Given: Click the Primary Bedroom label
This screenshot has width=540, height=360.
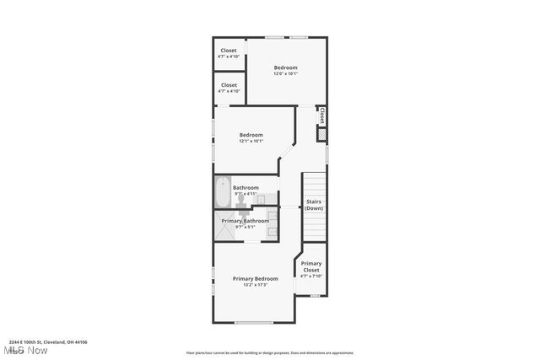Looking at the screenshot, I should tap(255, 279).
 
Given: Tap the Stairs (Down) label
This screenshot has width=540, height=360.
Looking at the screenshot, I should tap(314, 205).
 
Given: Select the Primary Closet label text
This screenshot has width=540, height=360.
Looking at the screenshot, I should tap(310, 266).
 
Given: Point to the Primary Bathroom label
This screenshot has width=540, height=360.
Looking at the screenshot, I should tap(245, 221).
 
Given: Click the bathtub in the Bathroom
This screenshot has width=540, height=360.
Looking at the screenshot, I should tap(223, 192).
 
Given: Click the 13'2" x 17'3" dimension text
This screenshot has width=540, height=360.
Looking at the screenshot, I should tap(255, 286).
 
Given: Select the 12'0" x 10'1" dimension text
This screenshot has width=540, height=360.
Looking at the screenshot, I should tap(285, 74).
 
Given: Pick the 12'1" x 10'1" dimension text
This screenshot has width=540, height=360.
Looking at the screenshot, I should tap(251, 142).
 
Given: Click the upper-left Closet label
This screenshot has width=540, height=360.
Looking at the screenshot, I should tap(229, 51).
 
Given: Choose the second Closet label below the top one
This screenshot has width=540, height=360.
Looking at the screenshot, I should tap(229, 85).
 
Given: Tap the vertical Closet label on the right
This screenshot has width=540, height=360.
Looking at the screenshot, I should tap(321, 116).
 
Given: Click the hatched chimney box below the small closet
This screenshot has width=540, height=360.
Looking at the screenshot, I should tap(321, 134).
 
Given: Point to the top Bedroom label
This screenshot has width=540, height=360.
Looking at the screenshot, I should tap(285, 67).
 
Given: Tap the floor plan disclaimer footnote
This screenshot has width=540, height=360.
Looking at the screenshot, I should tap(270, 353).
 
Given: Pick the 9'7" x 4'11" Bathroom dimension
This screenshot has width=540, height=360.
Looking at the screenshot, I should tap(246, 194).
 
